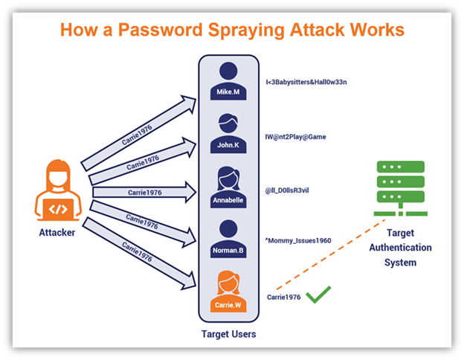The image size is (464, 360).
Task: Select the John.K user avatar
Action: point(228,131)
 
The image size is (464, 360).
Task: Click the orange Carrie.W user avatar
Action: point(228,289)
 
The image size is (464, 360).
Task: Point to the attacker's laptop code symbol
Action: point(57,209)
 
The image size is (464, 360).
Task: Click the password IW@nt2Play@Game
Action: point(296,137)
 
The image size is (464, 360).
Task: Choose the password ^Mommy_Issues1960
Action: point(298,241)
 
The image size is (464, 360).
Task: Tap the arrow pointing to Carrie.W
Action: point(141,257)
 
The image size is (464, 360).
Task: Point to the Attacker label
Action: point(57,233)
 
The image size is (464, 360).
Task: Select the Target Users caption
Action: point(228,334)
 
